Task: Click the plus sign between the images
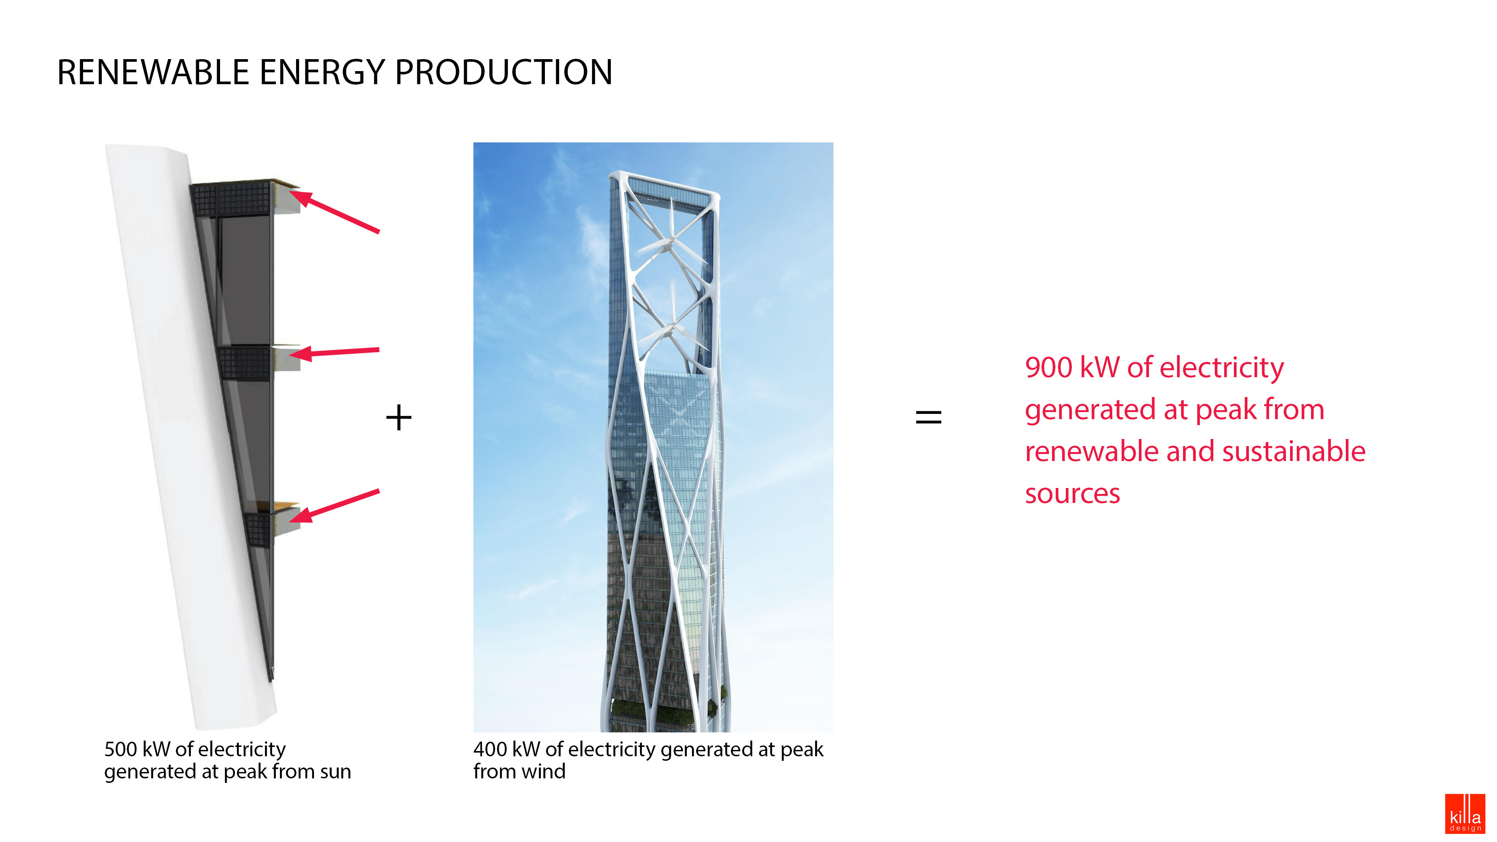tap(399, 418)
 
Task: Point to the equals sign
tap(928, 417)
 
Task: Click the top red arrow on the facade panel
tap(337, 212)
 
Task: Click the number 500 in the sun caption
tap(120, 750)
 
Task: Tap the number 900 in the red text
tap(1048, 368)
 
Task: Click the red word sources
tap(1072, 494)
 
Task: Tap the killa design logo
tap(1464, 814)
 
